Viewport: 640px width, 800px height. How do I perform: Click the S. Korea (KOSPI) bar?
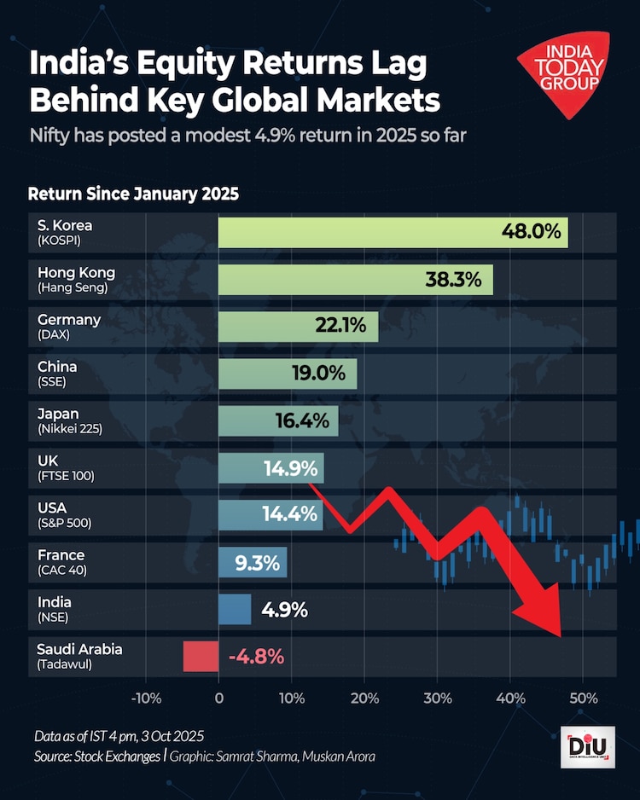(x=393, y=232)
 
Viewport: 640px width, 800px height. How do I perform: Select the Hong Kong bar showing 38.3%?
(x=355, y=279)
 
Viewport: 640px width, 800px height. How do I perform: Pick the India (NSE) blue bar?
(x=235, y=610)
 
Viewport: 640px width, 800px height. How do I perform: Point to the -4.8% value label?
(x=256, y=657)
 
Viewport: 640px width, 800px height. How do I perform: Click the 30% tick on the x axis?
(x=438, y=699)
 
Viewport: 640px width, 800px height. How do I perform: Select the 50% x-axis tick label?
(x=583, y=699)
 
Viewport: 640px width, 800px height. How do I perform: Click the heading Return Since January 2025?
(x=133, y=193)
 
